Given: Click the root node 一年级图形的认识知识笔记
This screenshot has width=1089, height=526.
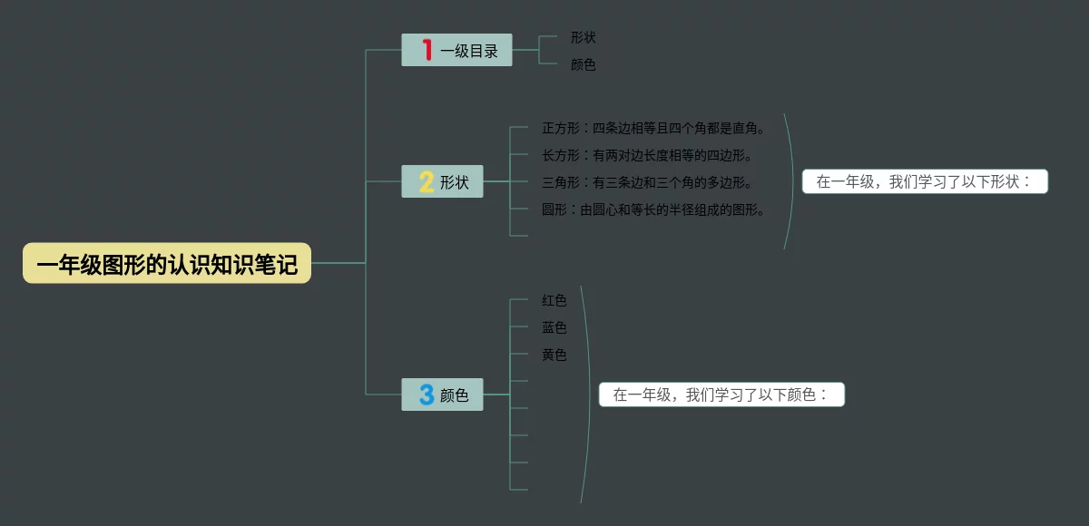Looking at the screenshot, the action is click(167, 264).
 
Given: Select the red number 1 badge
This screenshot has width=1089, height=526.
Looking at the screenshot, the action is click(427, 50).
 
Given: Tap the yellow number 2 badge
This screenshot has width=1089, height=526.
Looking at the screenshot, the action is click(427, 181).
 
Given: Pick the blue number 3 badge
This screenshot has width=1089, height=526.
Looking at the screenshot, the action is click(427, 394).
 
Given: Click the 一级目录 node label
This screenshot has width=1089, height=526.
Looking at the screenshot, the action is click(469, 51).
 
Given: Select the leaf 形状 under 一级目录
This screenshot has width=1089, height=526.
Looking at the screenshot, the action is click(583, 37).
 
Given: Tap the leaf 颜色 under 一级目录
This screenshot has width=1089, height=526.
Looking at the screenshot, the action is click(583, 64).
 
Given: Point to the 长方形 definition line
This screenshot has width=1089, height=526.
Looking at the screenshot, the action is click(647, 155).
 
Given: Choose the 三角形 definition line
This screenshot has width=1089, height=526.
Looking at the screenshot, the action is click(647, 182).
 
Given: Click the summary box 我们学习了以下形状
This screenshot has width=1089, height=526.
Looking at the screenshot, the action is click(925, 181).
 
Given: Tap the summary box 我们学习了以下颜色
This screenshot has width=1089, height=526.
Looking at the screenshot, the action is click(721, 394).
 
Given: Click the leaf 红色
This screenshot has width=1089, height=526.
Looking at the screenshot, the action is click(554, 300).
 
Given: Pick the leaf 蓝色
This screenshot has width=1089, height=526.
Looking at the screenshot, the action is click(554, 327).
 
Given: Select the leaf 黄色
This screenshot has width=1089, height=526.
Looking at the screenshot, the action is click(554, 355).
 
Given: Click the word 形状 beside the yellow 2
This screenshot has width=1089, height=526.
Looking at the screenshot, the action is click(455, 182).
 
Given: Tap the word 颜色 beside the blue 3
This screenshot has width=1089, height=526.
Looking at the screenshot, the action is click(455, 395).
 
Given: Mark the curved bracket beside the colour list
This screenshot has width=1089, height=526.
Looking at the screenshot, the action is click(590, 394).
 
